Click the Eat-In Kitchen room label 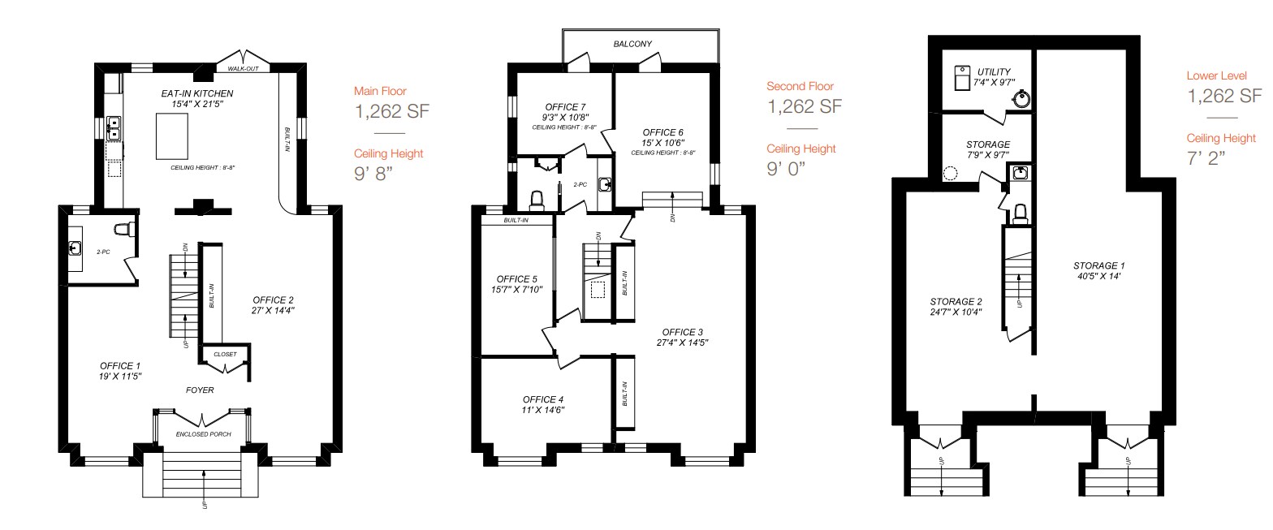(197, 93)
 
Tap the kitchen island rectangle (172, 136)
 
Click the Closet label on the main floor (225, 355)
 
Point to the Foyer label (201, 390)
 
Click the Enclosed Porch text (204, 434)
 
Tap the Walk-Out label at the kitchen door (243, 69)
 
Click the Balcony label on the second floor (632, 44)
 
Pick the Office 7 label (566, 106)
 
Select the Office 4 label (543, 399)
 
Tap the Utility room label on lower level (995, 72)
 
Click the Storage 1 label (1099, 265)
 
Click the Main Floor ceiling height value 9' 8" (378, 174)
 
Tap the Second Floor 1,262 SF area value (804, 106)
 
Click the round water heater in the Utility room (1021, 100)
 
